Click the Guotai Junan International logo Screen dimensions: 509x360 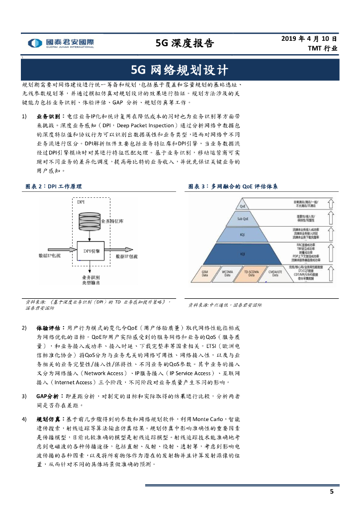[x=61, y=43]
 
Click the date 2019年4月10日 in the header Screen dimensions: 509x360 [x=309, y=38]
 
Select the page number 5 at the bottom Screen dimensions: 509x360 [x=332, y=492]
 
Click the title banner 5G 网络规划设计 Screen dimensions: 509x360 [x=180, y=69]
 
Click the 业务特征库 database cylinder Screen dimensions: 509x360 [x=90, y=221]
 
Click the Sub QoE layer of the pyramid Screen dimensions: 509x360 [x=243, y=218]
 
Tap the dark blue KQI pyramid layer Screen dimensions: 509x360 [x=243, y=254]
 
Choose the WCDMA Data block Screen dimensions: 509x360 [x=227, y=273]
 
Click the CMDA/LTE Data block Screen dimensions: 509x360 [x=275, y=273]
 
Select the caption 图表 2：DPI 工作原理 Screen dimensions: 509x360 [x=53, y=186]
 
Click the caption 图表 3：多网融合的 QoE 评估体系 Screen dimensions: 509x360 [x=233, y=186]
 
